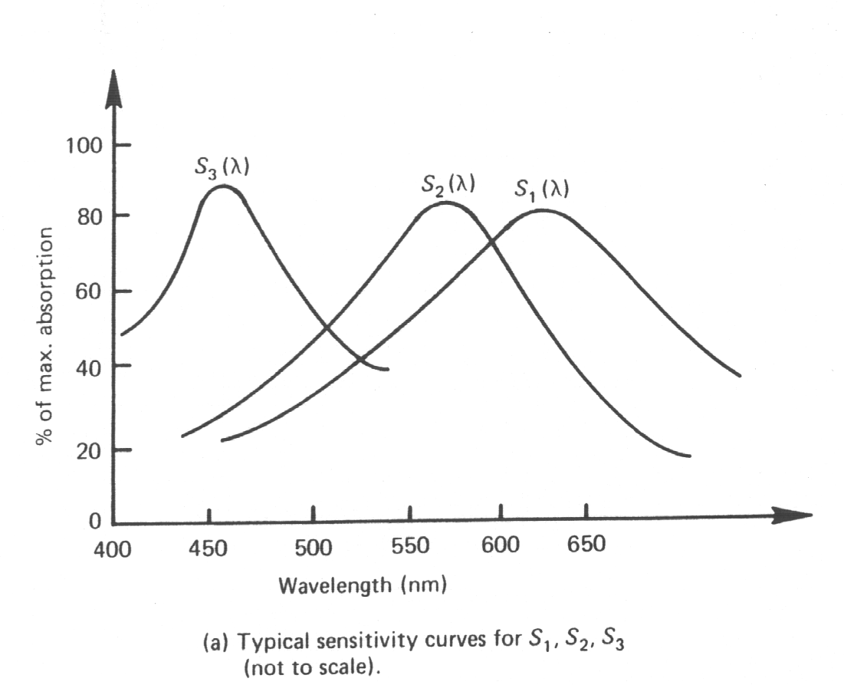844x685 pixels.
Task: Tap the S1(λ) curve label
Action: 541,189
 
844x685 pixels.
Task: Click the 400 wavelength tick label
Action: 113,548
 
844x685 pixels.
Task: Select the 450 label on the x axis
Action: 209,548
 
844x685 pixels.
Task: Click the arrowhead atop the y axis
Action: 114,84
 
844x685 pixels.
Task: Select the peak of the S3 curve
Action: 222,186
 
